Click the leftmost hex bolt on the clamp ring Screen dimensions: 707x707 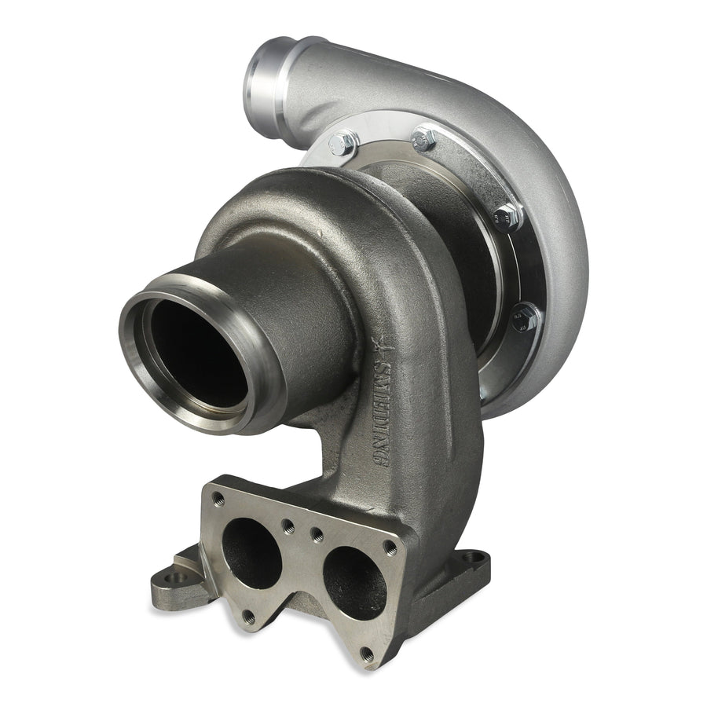(x=343, y=144)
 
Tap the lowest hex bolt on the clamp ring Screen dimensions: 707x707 (x=525, y=318)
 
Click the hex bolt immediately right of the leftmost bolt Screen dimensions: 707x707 (x=425, y=140)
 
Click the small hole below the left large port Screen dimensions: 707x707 (x=249, y=617)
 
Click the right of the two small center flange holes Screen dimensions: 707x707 (x=317, y=535)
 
